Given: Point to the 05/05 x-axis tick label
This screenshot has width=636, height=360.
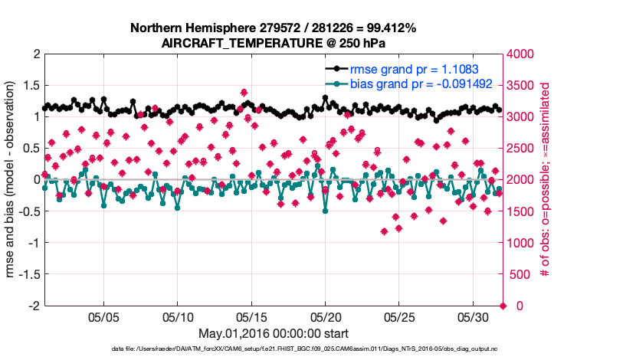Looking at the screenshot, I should click(104, 316).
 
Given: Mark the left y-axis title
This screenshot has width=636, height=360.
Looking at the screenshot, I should click(12, 180).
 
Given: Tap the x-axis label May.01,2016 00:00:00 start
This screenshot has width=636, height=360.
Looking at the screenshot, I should click(274, 333).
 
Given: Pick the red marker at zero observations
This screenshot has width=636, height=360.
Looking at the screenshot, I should click(503, 306).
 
